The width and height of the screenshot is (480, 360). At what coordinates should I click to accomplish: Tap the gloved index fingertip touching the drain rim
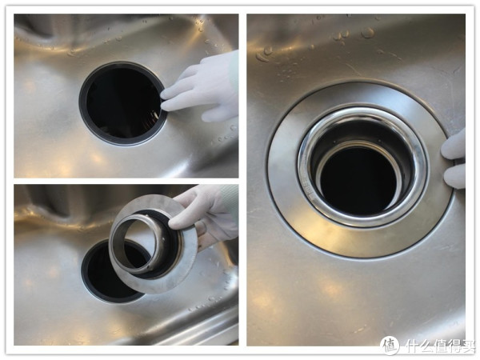(163, 107)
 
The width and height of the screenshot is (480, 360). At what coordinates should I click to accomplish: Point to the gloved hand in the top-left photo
(202, 89)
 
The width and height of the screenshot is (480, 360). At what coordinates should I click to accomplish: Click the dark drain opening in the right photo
(358, 181)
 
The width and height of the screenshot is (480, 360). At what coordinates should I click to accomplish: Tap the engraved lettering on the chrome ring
(307, 190)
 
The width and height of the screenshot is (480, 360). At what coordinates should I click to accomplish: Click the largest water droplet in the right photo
(367, 33)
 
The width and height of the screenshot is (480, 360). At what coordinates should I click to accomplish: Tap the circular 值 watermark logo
(390, 345)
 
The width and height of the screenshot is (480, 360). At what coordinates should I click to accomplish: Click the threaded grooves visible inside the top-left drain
(153, 121)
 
